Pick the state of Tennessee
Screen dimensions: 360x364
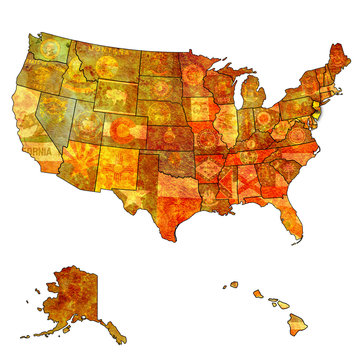coord(245,155)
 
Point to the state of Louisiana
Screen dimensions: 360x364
coord(211,200)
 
